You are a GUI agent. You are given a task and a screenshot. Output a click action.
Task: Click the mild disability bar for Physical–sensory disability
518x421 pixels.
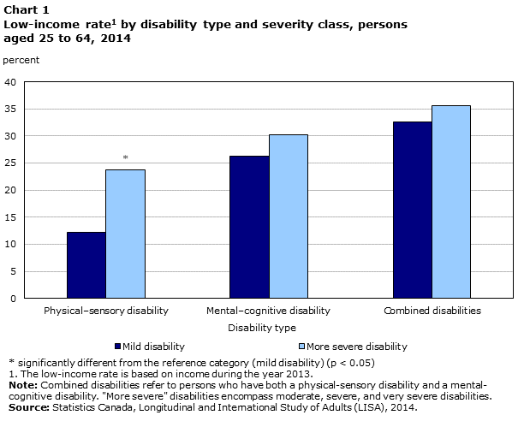pos(86,265)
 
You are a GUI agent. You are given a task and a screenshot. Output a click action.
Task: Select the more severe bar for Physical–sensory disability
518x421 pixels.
pos(125,234)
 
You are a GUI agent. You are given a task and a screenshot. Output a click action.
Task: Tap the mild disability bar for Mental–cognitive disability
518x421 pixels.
pos(249,227)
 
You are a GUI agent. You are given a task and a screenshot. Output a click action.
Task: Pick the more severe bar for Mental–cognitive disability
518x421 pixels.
pos(288,216)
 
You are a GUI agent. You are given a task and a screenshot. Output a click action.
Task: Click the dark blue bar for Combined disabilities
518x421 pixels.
pos(412,210)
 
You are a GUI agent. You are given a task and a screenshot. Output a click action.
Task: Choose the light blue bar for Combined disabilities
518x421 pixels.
pos(450,202)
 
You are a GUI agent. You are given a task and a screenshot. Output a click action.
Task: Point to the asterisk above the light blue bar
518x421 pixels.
pos(125,157)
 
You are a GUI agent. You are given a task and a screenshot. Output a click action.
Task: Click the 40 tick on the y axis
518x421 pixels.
pos(11,82)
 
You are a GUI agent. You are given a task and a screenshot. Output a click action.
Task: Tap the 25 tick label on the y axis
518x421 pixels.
pos(11,163)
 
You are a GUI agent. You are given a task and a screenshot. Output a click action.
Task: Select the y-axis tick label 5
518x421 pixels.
pos(14,271)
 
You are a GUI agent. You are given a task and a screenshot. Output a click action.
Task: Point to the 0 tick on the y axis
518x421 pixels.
pos(14,299)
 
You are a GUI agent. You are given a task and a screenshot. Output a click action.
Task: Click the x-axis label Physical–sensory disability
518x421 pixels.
pos(105,310)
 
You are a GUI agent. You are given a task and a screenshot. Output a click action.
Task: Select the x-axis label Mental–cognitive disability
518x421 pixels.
pos(268,310)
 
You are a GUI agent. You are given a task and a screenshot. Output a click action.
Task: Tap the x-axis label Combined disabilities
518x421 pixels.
pos(432,310)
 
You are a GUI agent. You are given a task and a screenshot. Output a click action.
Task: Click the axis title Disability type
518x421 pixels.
pos(262,328)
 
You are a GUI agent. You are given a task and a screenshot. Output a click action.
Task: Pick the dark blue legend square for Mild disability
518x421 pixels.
pos(118,347)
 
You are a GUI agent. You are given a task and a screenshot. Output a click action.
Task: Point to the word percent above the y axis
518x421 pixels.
pos(21,60)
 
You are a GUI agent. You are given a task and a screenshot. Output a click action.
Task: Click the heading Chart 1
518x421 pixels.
pos(25,9)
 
